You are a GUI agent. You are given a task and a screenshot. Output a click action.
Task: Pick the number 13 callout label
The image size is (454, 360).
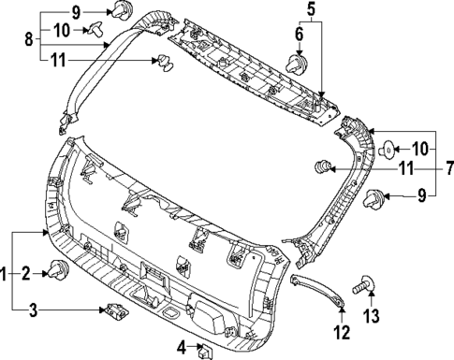pyautogui.click(x=372, y=316)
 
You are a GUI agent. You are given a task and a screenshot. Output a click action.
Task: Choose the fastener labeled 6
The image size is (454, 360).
pyautogui.click(x=297, y=64)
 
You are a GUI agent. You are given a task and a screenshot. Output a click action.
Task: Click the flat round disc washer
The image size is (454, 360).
pyautogui.click(x=387, y=147)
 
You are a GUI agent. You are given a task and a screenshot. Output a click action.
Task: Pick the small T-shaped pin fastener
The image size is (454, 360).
pyautogui.click(x=95, y=28)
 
